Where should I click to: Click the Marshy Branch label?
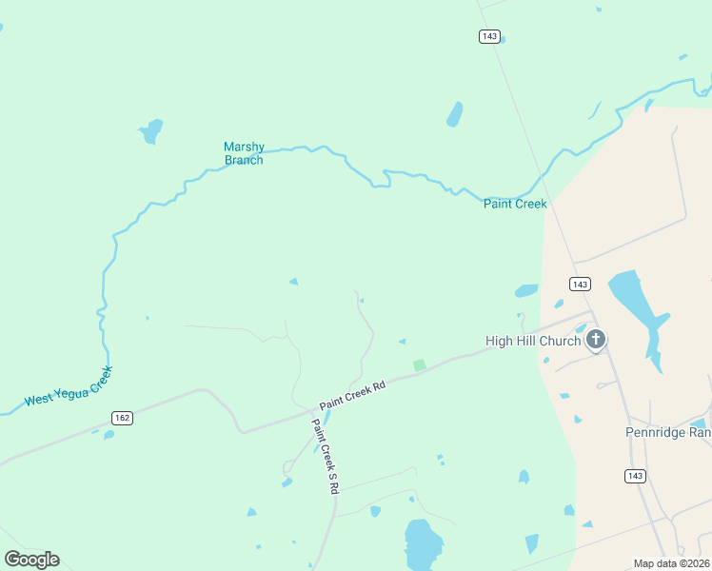(244, 153)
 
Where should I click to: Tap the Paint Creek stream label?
(515, 204)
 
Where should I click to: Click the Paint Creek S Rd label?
(326, 455)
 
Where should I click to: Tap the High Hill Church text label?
(533, 341)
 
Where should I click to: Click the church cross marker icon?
(596, 339)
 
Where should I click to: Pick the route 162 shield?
(122, 417)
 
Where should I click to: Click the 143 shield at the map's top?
(489, 36)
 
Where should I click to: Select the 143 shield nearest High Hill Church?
(581, 284)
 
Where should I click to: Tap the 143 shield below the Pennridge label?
(636, 475)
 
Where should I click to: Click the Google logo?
(31, 560)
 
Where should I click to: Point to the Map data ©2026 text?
(671, 563)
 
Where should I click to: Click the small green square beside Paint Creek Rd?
(419, 365)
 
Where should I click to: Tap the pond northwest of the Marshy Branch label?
(150, 130)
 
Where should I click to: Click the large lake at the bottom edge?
(423, 544)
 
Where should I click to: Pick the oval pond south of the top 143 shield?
(455, 114)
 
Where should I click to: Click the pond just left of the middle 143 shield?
(526, 291)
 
